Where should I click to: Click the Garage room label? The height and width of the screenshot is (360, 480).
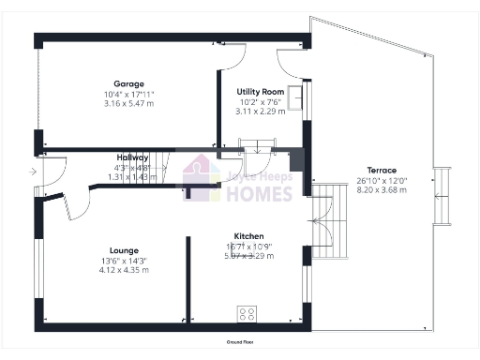[x=128, y=83]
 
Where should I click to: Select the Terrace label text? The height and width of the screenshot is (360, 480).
[x=382, y=170]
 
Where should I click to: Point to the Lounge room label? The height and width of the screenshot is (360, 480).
[x=124, y=250]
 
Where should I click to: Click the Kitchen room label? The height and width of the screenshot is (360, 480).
[x=248, y=235]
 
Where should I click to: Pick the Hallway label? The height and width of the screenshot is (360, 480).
[x=132, y=157]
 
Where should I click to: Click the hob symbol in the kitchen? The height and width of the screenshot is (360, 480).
[x=248, y=313]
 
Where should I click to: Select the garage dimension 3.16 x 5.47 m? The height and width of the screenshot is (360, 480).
[x=128, y=104]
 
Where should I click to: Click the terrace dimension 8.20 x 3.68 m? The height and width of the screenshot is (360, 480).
[x=382, y=190]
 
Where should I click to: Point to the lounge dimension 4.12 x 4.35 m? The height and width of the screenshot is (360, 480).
[x=124, y=270]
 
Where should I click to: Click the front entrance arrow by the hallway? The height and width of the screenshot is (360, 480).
[x=33, y=172]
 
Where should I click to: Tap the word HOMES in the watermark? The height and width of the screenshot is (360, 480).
[x=259, y=194]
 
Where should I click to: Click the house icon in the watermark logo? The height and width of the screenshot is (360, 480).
[x=201, y=179]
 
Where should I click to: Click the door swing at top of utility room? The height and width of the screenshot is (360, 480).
[x=234, y=60]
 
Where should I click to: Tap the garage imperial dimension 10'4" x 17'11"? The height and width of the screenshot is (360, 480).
[x=128, y=94]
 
